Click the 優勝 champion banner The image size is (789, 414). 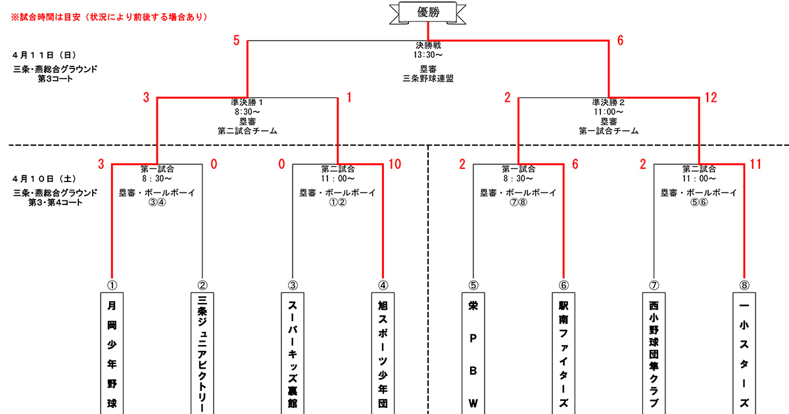point(428,11)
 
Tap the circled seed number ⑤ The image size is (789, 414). point(473,285)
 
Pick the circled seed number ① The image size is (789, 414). point(111,285)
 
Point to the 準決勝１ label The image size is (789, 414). point(247,103)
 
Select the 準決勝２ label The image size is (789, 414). point(608,103)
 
